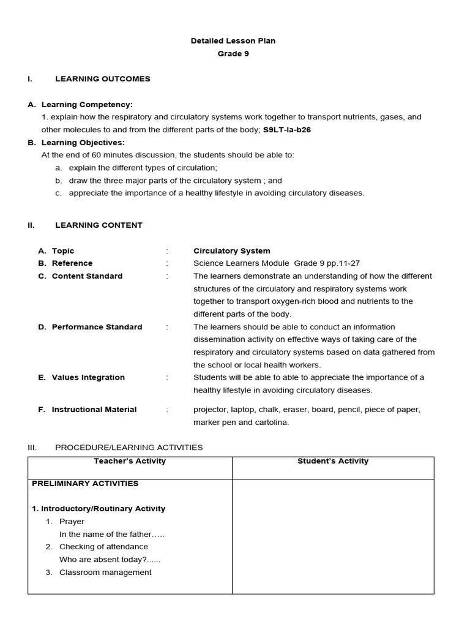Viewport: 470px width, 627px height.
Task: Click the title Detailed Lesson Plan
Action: pos(233,41)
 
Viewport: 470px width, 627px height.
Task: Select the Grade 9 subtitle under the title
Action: pos(233,54)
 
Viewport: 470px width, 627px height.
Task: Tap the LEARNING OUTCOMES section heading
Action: pos(102,79)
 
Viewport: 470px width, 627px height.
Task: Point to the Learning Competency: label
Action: pos(87,105)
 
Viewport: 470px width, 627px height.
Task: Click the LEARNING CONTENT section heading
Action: pos(99,225)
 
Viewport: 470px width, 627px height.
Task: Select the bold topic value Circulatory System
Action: pos(231,251)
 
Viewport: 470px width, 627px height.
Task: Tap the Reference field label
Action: pos(72,263)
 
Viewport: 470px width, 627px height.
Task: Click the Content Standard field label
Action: pos(87,276)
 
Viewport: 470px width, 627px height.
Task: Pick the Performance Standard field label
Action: pos(97,327)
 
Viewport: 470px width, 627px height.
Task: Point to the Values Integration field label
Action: pos(88,378)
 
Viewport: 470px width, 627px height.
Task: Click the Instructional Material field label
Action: pos(94,410)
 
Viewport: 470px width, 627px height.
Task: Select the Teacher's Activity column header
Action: pos(130,461)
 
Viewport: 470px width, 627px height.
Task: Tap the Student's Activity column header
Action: pos(333,461)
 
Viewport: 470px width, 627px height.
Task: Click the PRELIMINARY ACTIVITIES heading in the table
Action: pos(85,484)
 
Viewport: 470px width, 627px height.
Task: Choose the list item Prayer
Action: pos(72,522)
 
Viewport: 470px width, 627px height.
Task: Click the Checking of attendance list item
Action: pos(103,547)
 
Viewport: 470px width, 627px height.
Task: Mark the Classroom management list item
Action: pos(105,573)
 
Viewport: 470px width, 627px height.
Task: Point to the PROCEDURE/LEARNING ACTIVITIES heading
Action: pos(129,448)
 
